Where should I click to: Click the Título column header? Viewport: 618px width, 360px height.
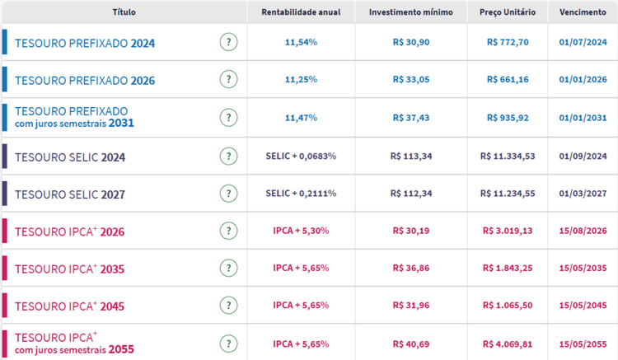[124, 12]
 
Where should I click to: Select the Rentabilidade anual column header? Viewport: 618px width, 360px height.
[301, 12]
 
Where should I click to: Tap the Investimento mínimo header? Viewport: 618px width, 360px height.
[410, 12]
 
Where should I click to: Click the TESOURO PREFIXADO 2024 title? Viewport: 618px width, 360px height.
[85, 43]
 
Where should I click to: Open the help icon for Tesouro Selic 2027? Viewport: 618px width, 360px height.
[229, 194]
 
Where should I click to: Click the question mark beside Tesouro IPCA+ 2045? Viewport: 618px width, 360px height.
[229, 306]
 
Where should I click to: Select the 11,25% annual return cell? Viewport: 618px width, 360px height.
[301, 80]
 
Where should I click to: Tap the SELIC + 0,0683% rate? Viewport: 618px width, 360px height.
[301, 156]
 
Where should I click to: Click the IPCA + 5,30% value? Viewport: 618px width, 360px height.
[301, 231]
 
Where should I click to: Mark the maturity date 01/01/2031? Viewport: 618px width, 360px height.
[583, 118]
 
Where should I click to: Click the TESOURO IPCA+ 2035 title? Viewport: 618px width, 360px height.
[70, 269]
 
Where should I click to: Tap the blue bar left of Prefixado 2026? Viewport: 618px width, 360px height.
[5, 80]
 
